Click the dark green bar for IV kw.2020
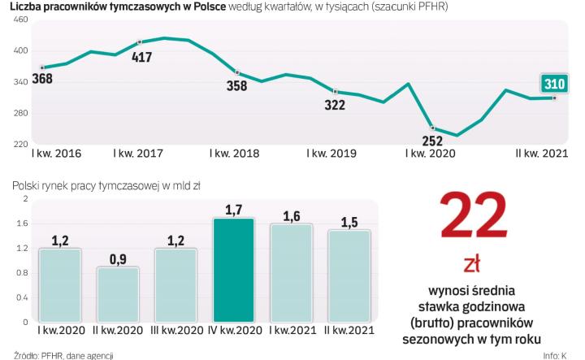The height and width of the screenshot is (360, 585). [x=234, y=271]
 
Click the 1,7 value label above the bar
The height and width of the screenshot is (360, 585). [x=234, y=210]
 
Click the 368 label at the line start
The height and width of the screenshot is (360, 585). [x=42, y=80]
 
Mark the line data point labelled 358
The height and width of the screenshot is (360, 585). [x=236, y=73]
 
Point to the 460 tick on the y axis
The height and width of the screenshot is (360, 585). [x=20, y=19]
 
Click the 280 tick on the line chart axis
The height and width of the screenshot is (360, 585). [x=20, y=113]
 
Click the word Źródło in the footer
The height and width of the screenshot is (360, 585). [x=16, y=355]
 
